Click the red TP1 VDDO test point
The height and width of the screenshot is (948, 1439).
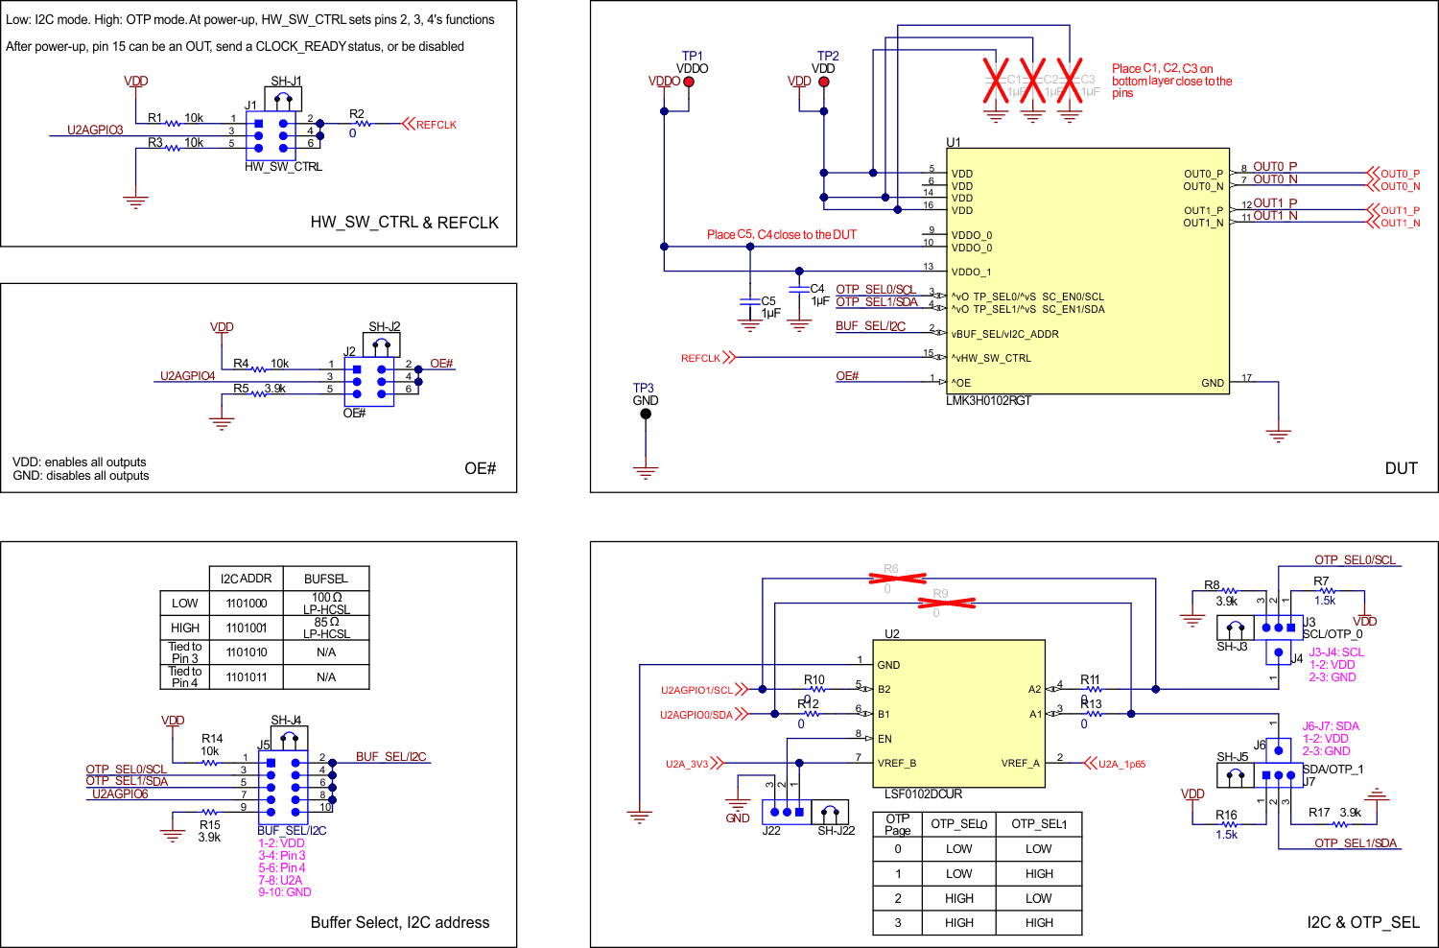(x=689, y=82)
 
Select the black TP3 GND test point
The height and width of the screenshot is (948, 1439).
(x=646, y=414)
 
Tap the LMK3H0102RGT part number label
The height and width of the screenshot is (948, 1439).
(x=988, y=401)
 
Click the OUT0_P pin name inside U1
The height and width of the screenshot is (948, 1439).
(x=1203, y=174)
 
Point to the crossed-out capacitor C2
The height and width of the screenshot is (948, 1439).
(x=1032, y=80)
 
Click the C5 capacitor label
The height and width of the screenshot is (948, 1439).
(x=768, y=301)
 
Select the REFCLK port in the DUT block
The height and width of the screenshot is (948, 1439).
(x=701, y=358)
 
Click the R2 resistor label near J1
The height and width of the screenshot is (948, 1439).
(x=357, y=114)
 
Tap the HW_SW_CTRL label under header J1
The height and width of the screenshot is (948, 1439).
(x=283, y=167)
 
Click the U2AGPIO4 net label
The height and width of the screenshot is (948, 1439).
(x=187, y=376)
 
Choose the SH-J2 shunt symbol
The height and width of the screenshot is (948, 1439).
(x=382, y=344)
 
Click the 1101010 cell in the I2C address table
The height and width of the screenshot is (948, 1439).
(x=247, y=652)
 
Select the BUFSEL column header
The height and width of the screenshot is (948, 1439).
(x=326, y=579)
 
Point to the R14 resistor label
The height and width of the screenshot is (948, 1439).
(x=212, y=739)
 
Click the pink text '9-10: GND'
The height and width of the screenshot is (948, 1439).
(x=285, y=892)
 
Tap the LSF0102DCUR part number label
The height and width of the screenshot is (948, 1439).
(x=923, y=794)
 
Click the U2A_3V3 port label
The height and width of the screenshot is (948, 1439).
(x=687, y=764)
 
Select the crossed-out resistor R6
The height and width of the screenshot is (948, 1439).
(x=897, y=578)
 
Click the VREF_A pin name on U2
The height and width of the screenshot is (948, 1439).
(x=1020, y=763)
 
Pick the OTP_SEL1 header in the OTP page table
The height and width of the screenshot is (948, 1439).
(x=1039, y=824)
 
